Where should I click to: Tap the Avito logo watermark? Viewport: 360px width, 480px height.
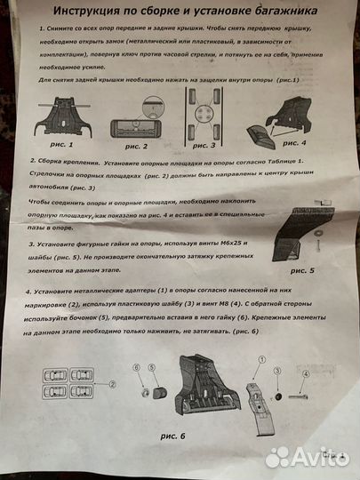(x=307, y=456)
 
